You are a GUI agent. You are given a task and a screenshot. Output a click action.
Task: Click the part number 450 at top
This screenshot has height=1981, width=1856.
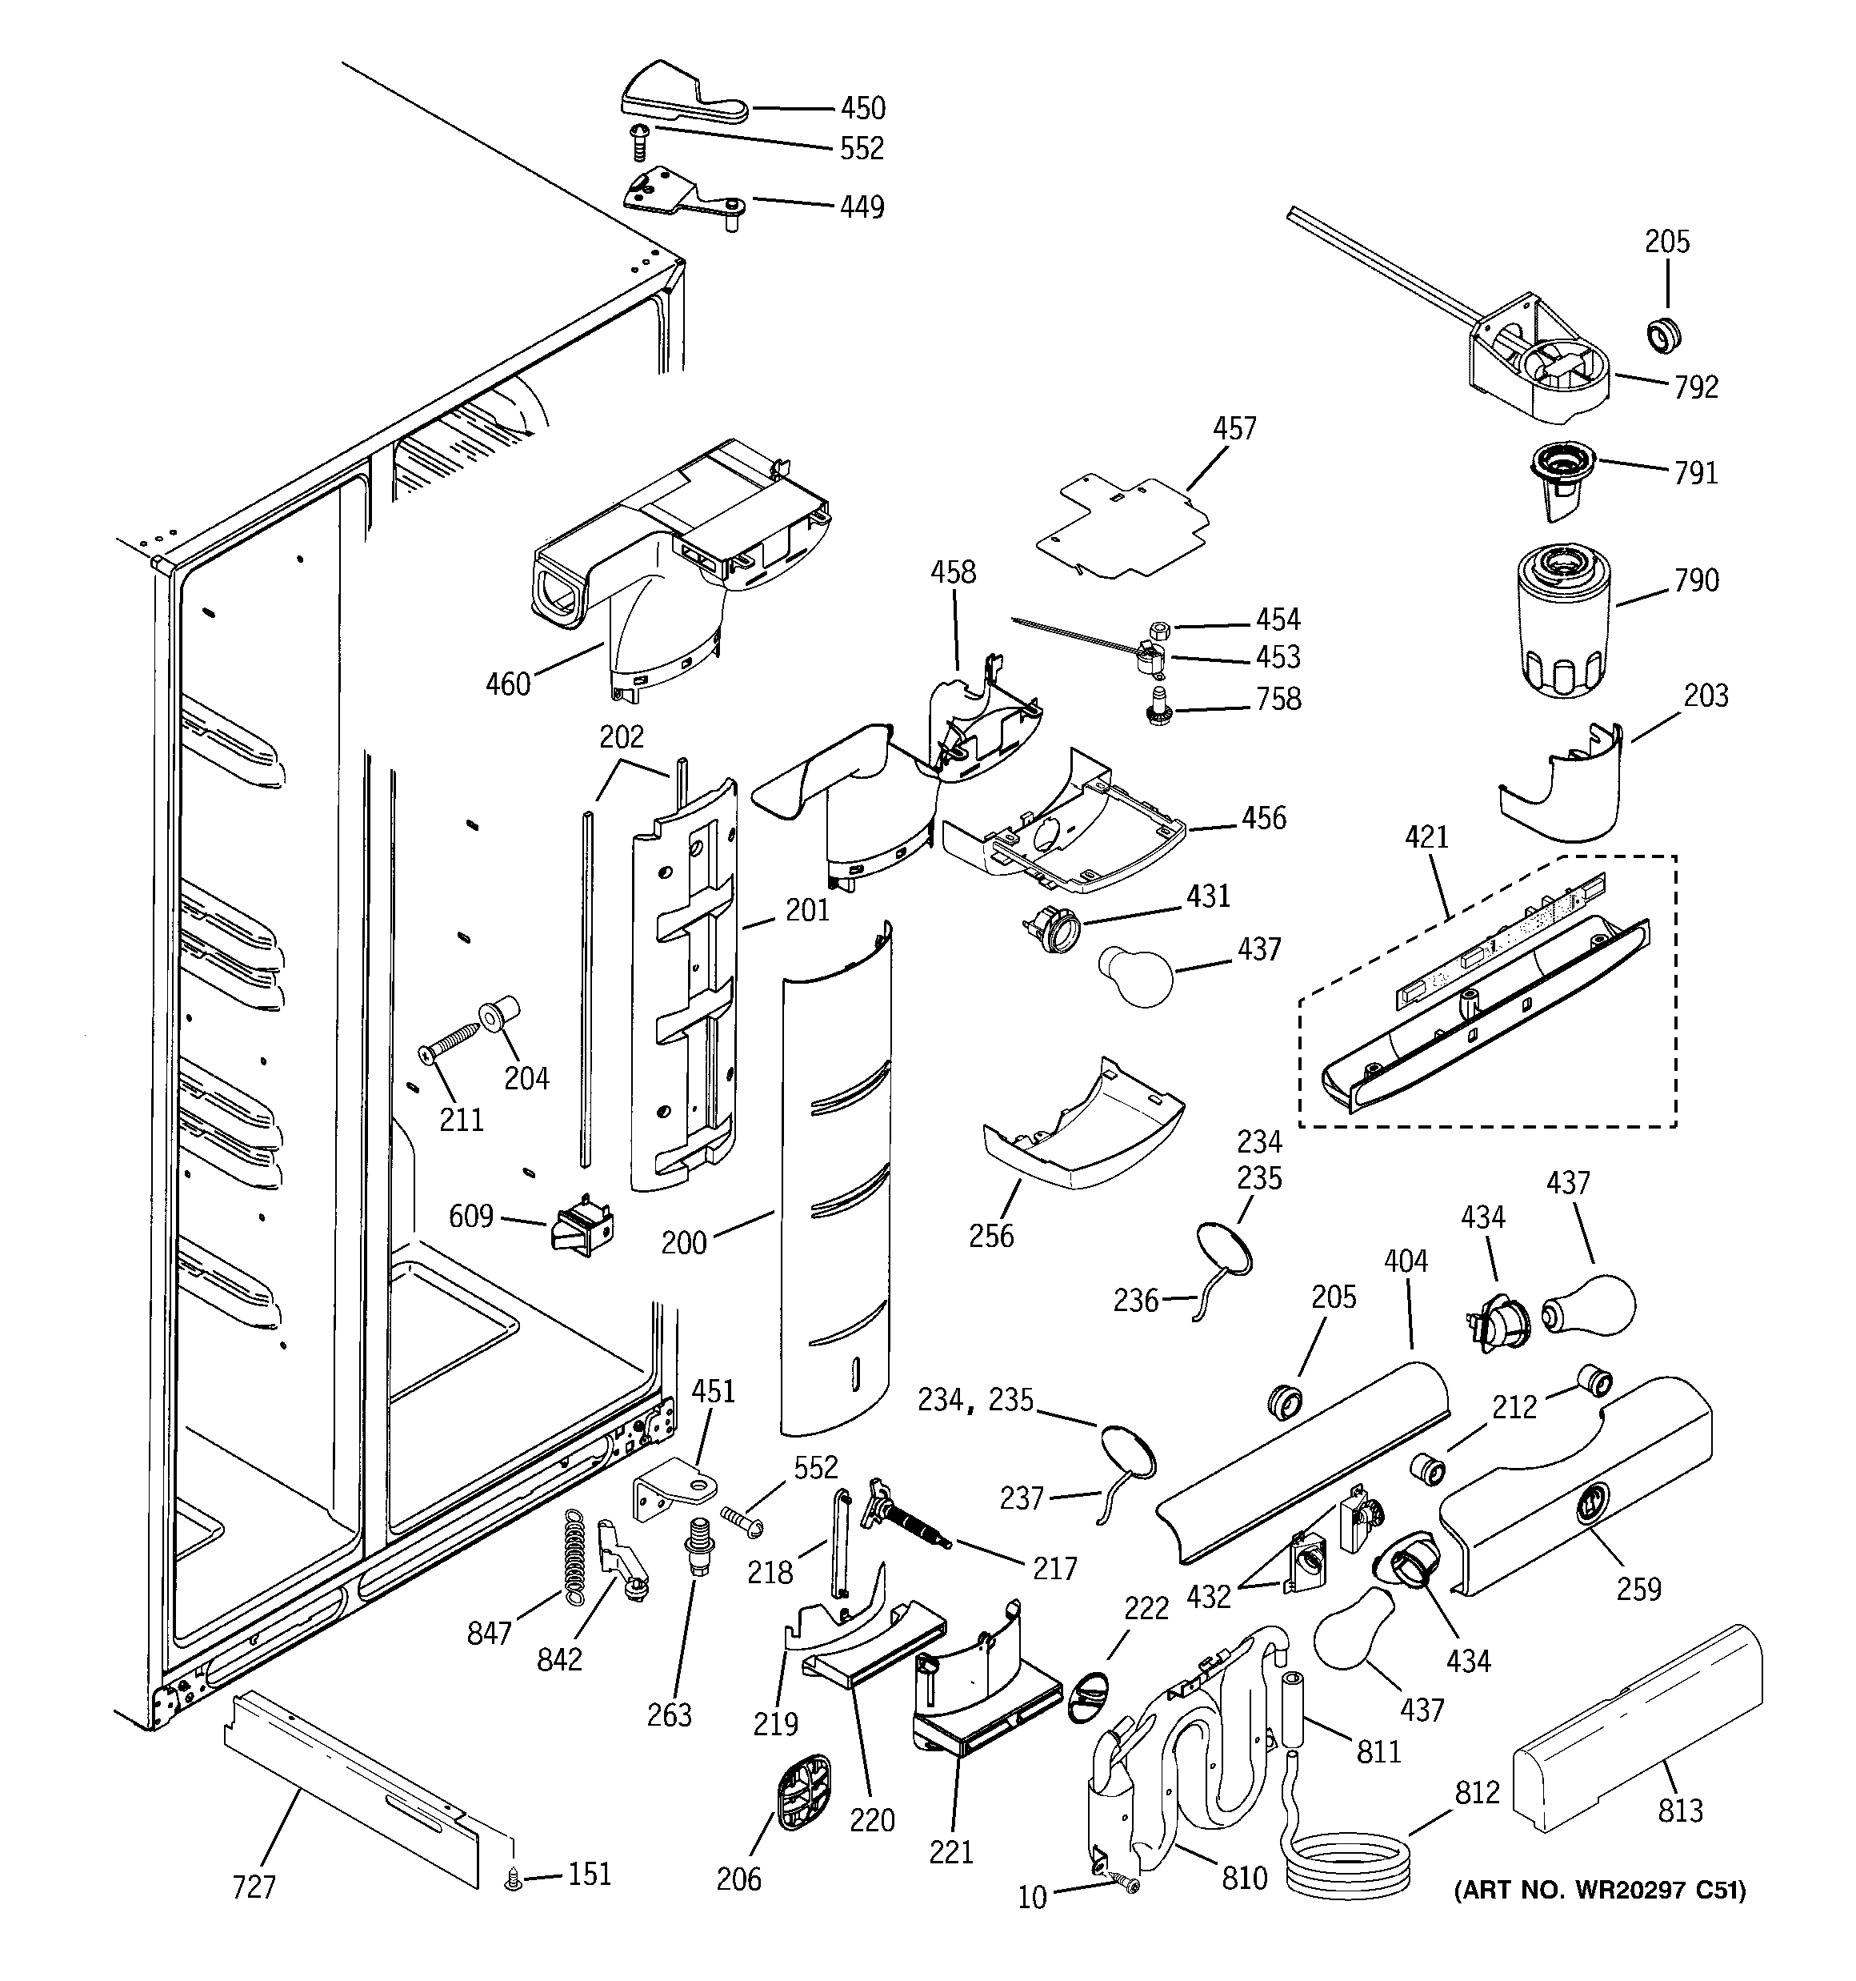(x=862, y=109)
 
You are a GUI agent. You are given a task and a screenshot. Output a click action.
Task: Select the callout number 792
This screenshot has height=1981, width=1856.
(x=1696, y=387)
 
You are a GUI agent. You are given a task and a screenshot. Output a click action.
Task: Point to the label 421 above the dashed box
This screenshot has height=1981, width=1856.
(x=1426, y=838)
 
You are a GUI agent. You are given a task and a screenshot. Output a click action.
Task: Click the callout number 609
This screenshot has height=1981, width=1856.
(x=471, y=1217)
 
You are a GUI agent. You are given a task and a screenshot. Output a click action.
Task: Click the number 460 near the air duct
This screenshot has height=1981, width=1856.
(x=507, y=684)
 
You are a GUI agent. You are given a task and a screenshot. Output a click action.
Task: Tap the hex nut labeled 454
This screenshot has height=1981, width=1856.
(x=1158, y=629)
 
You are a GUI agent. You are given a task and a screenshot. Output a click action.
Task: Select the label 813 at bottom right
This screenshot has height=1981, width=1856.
(x=1680, y=1811)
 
